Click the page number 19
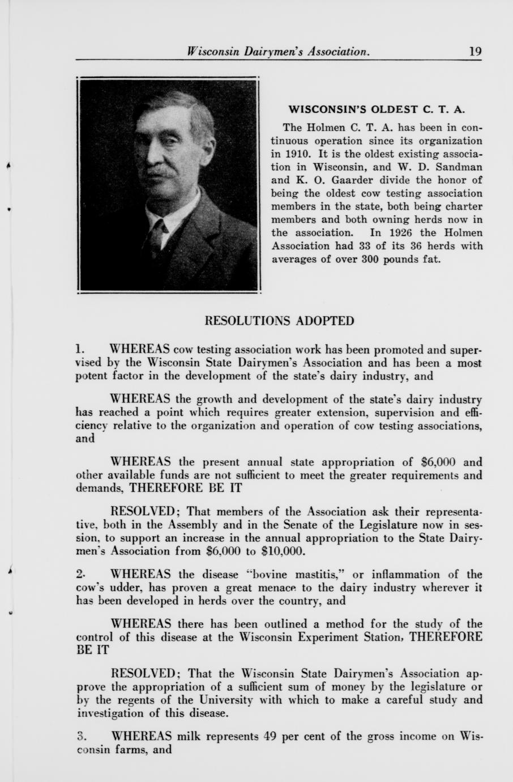pyautogui.click(x=475, y=52)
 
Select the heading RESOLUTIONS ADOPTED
pyautogui.click(x=279, y=321)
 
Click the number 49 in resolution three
pyautogui.click(x=270, y=737)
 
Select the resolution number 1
pyautogui.click(x=80, y=348)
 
